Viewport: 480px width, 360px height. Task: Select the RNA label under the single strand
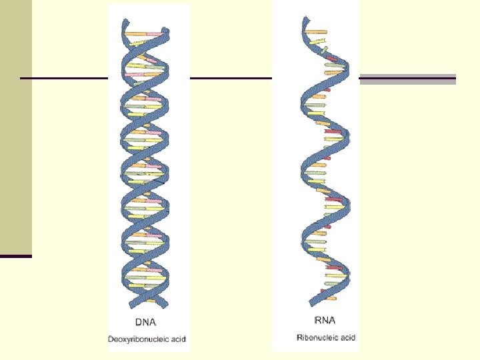(323, 321)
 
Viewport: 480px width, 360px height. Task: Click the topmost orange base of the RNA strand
(316, 31)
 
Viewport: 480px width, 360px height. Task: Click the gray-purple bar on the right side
(407, 79)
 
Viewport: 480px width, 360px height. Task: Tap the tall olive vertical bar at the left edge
(15, 127)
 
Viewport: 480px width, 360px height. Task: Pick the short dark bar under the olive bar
(15, 256)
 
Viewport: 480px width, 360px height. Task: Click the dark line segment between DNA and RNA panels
(231, 79)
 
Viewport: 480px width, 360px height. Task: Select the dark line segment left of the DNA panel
(64, 79)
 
